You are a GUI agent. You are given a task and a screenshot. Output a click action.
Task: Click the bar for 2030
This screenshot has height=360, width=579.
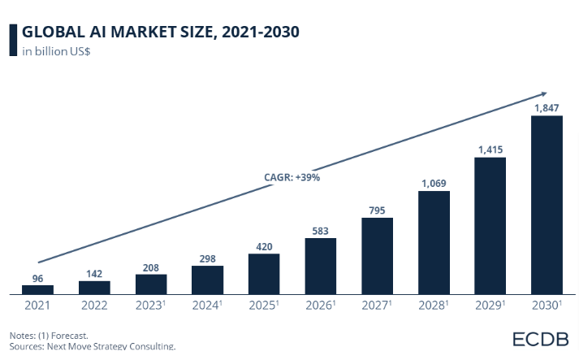[x=547, y=205]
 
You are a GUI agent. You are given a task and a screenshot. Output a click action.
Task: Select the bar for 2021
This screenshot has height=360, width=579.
[x=37, y=289]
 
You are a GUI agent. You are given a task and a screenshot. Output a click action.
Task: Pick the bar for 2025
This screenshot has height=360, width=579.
[x=264, y=274]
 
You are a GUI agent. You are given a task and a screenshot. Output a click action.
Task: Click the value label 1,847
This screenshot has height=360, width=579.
[x=547, y=107]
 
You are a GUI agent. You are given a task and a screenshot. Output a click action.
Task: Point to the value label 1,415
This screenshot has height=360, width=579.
[x=490, y=149]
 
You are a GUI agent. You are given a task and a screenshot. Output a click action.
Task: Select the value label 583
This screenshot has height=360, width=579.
[x=320, y=230]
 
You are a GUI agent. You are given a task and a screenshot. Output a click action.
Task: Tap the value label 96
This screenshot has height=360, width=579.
[x=37, y=277]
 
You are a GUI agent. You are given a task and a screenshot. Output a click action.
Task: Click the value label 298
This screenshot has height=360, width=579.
[x=207, y=258]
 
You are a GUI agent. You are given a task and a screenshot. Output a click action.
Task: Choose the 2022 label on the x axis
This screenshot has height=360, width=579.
[x=94, y=306]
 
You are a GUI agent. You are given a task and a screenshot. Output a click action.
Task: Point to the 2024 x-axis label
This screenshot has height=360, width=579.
[x=208, y=306]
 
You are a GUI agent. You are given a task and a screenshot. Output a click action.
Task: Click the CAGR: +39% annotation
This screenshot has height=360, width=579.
[x=292, y=176]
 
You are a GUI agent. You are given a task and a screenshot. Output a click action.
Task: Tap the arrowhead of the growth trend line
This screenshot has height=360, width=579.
[x=544, y=93]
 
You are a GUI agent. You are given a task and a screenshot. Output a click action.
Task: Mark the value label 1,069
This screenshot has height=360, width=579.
[x=434, y=183]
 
